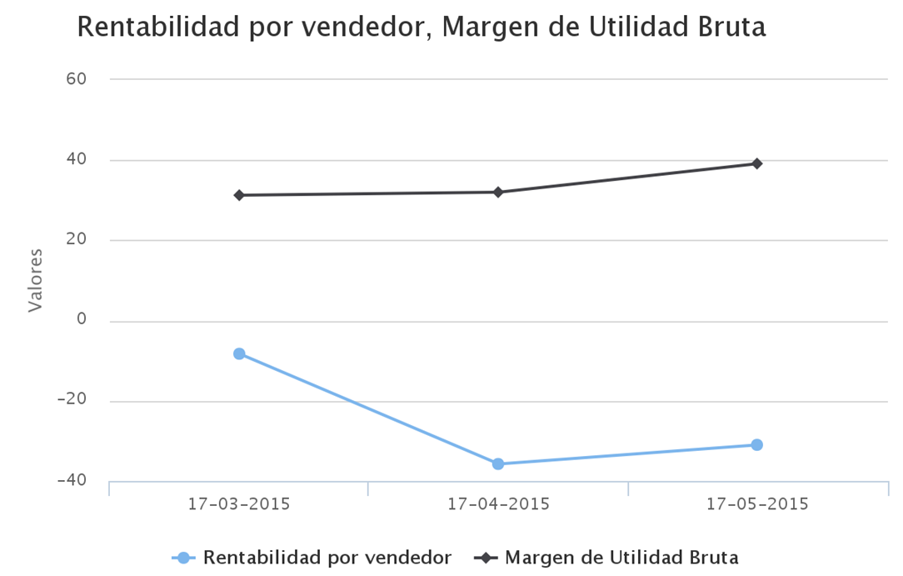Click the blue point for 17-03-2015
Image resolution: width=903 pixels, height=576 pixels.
coord(239,353)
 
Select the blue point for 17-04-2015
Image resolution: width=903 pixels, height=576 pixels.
coord(498,463)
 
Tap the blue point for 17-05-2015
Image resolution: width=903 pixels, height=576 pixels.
coord(756,444)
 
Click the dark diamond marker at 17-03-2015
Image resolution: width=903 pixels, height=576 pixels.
coord(239,195)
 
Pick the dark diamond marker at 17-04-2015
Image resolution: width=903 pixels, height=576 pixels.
coord(498,192)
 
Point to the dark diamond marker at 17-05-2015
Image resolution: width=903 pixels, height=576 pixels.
coord(756,163)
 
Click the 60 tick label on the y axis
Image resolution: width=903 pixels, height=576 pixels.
coord(77,79)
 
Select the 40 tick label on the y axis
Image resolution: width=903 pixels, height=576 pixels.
coord(77,159)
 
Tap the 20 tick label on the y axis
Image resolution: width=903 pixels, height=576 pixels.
coord(77,240)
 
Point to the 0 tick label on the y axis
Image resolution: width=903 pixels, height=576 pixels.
coord(82,320)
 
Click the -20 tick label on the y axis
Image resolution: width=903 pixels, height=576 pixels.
coord(72,400)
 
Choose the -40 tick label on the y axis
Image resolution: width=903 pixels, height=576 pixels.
coord(72,480)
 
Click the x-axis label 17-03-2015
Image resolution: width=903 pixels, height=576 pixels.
coord(239,504)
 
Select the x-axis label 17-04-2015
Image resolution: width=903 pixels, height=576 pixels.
coord(498,504)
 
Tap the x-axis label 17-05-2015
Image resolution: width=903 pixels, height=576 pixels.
coord(756,504)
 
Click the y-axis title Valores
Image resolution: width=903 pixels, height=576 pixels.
coord(34,280)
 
